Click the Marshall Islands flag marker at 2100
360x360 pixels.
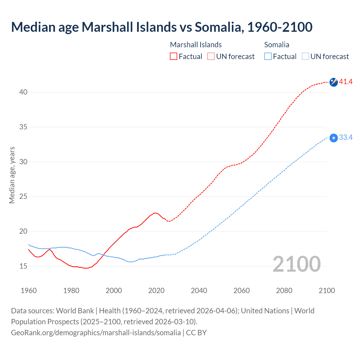(x=334, y=82)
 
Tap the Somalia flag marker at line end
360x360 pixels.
(x=334, y=138)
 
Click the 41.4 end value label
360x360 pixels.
(x=346, y=82)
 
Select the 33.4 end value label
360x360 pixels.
(x=346, y=138)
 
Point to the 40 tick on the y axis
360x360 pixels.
(x=23, y=92)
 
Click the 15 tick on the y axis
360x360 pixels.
(x=23, y=266)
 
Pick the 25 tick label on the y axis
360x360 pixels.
(x=23, y=197)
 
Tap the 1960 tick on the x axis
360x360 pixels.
(x=29, y=291)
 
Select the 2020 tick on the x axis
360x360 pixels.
(x=156, y=291)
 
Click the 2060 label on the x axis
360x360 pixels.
(x=242, y=291)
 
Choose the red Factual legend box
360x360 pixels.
(x=174, y=57)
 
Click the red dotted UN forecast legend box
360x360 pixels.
(x=211, y=57)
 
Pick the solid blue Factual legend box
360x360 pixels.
(x=268, y=57)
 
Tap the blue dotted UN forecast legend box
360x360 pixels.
(x=305, y=57)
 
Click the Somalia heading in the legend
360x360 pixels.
(x=277, y=45)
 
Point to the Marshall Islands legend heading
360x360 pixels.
(x=196, y=45)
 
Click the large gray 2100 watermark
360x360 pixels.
(x=297, y=264)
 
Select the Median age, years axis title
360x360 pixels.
(x=12, y=175)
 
